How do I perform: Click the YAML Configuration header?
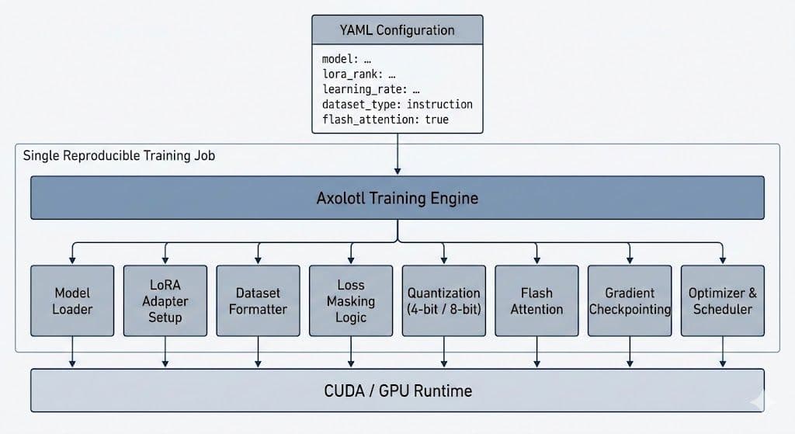click(397, 30)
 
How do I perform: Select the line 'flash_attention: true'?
click(385, 120)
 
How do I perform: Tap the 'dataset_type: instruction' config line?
click(397, 104)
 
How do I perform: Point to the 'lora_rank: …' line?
click(359, 75)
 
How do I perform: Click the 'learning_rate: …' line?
click(370, 89)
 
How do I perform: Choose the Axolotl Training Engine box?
click(397, 197)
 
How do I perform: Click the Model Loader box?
click(72, 300)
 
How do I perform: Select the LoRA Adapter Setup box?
click(165, 300)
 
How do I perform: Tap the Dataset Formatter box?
click(258, 300)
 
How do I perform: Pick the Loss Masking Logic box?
click(351, 300)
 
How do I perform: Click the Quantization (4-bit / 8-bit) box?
click(444, 300)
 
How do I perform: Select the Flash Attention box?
click(536, 300)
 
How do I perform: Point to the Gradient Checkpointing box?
click(630, 300)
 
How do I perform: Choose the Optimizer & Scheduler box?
click(722, 300)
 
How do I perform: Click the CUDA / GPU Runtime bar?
click(397, 390)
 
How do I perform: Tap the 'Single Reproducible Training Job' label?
click(120, 155)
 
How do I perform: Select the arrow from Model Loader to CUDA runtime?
click(72, 352)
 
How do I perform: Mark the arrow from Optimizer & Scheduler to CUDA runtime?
click(723, 352)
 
